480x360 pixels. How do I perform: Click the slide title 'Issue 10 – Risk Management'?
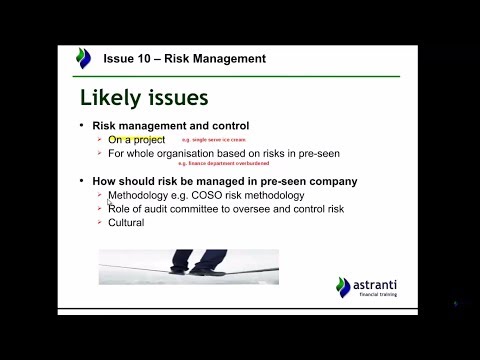coord(185,59)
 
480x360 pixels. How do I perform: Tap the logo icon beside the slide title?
coord(84,59)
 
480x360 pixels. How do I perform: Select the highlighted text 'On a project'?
coord(136,141)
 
